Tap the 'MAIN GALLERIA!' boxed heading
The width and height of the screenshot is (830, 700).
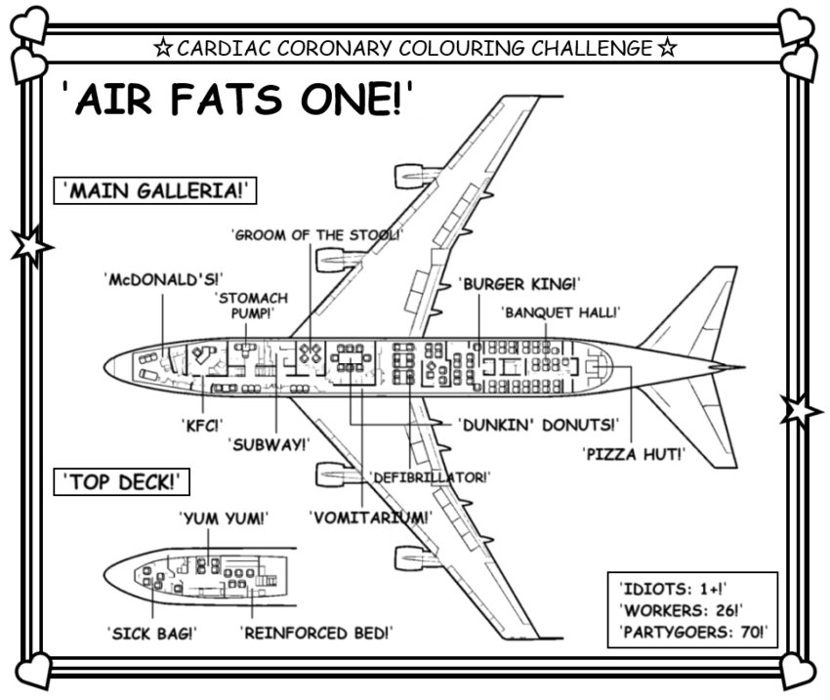(x=154, y=190)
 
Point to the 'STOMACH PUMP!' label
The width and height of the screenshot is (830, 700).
(x=245, y=304)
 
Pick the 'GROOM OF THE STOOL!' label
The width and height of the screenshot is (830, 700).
(x=315, y=234)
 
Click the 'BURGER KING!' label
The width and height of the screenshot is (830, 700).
(x=519, y=284)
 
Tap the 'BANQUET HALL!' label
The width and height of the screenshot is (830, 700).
(x=560, y=312)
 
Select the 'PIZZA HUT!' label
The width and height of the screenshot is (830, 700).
(x=633, y=454)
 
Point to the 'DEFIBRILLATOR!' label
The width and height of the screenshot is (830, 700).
(x=430, y=477)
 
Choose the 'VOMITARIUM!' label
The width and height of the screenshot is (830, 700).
(x=368, y=516)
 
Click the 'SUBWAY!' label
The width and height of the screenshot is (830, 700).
(x=269, y=444)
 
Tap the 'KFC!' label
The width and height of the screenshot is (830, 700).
(x=201, y=425)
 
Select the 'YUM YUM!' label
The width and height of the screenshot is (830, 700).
(x=224, y=517)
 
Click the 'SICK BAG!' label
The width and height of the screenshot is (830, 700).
(x=151, y=633)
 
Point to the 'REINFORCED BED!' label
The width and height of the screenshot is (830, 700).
(x=315, y=633)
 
